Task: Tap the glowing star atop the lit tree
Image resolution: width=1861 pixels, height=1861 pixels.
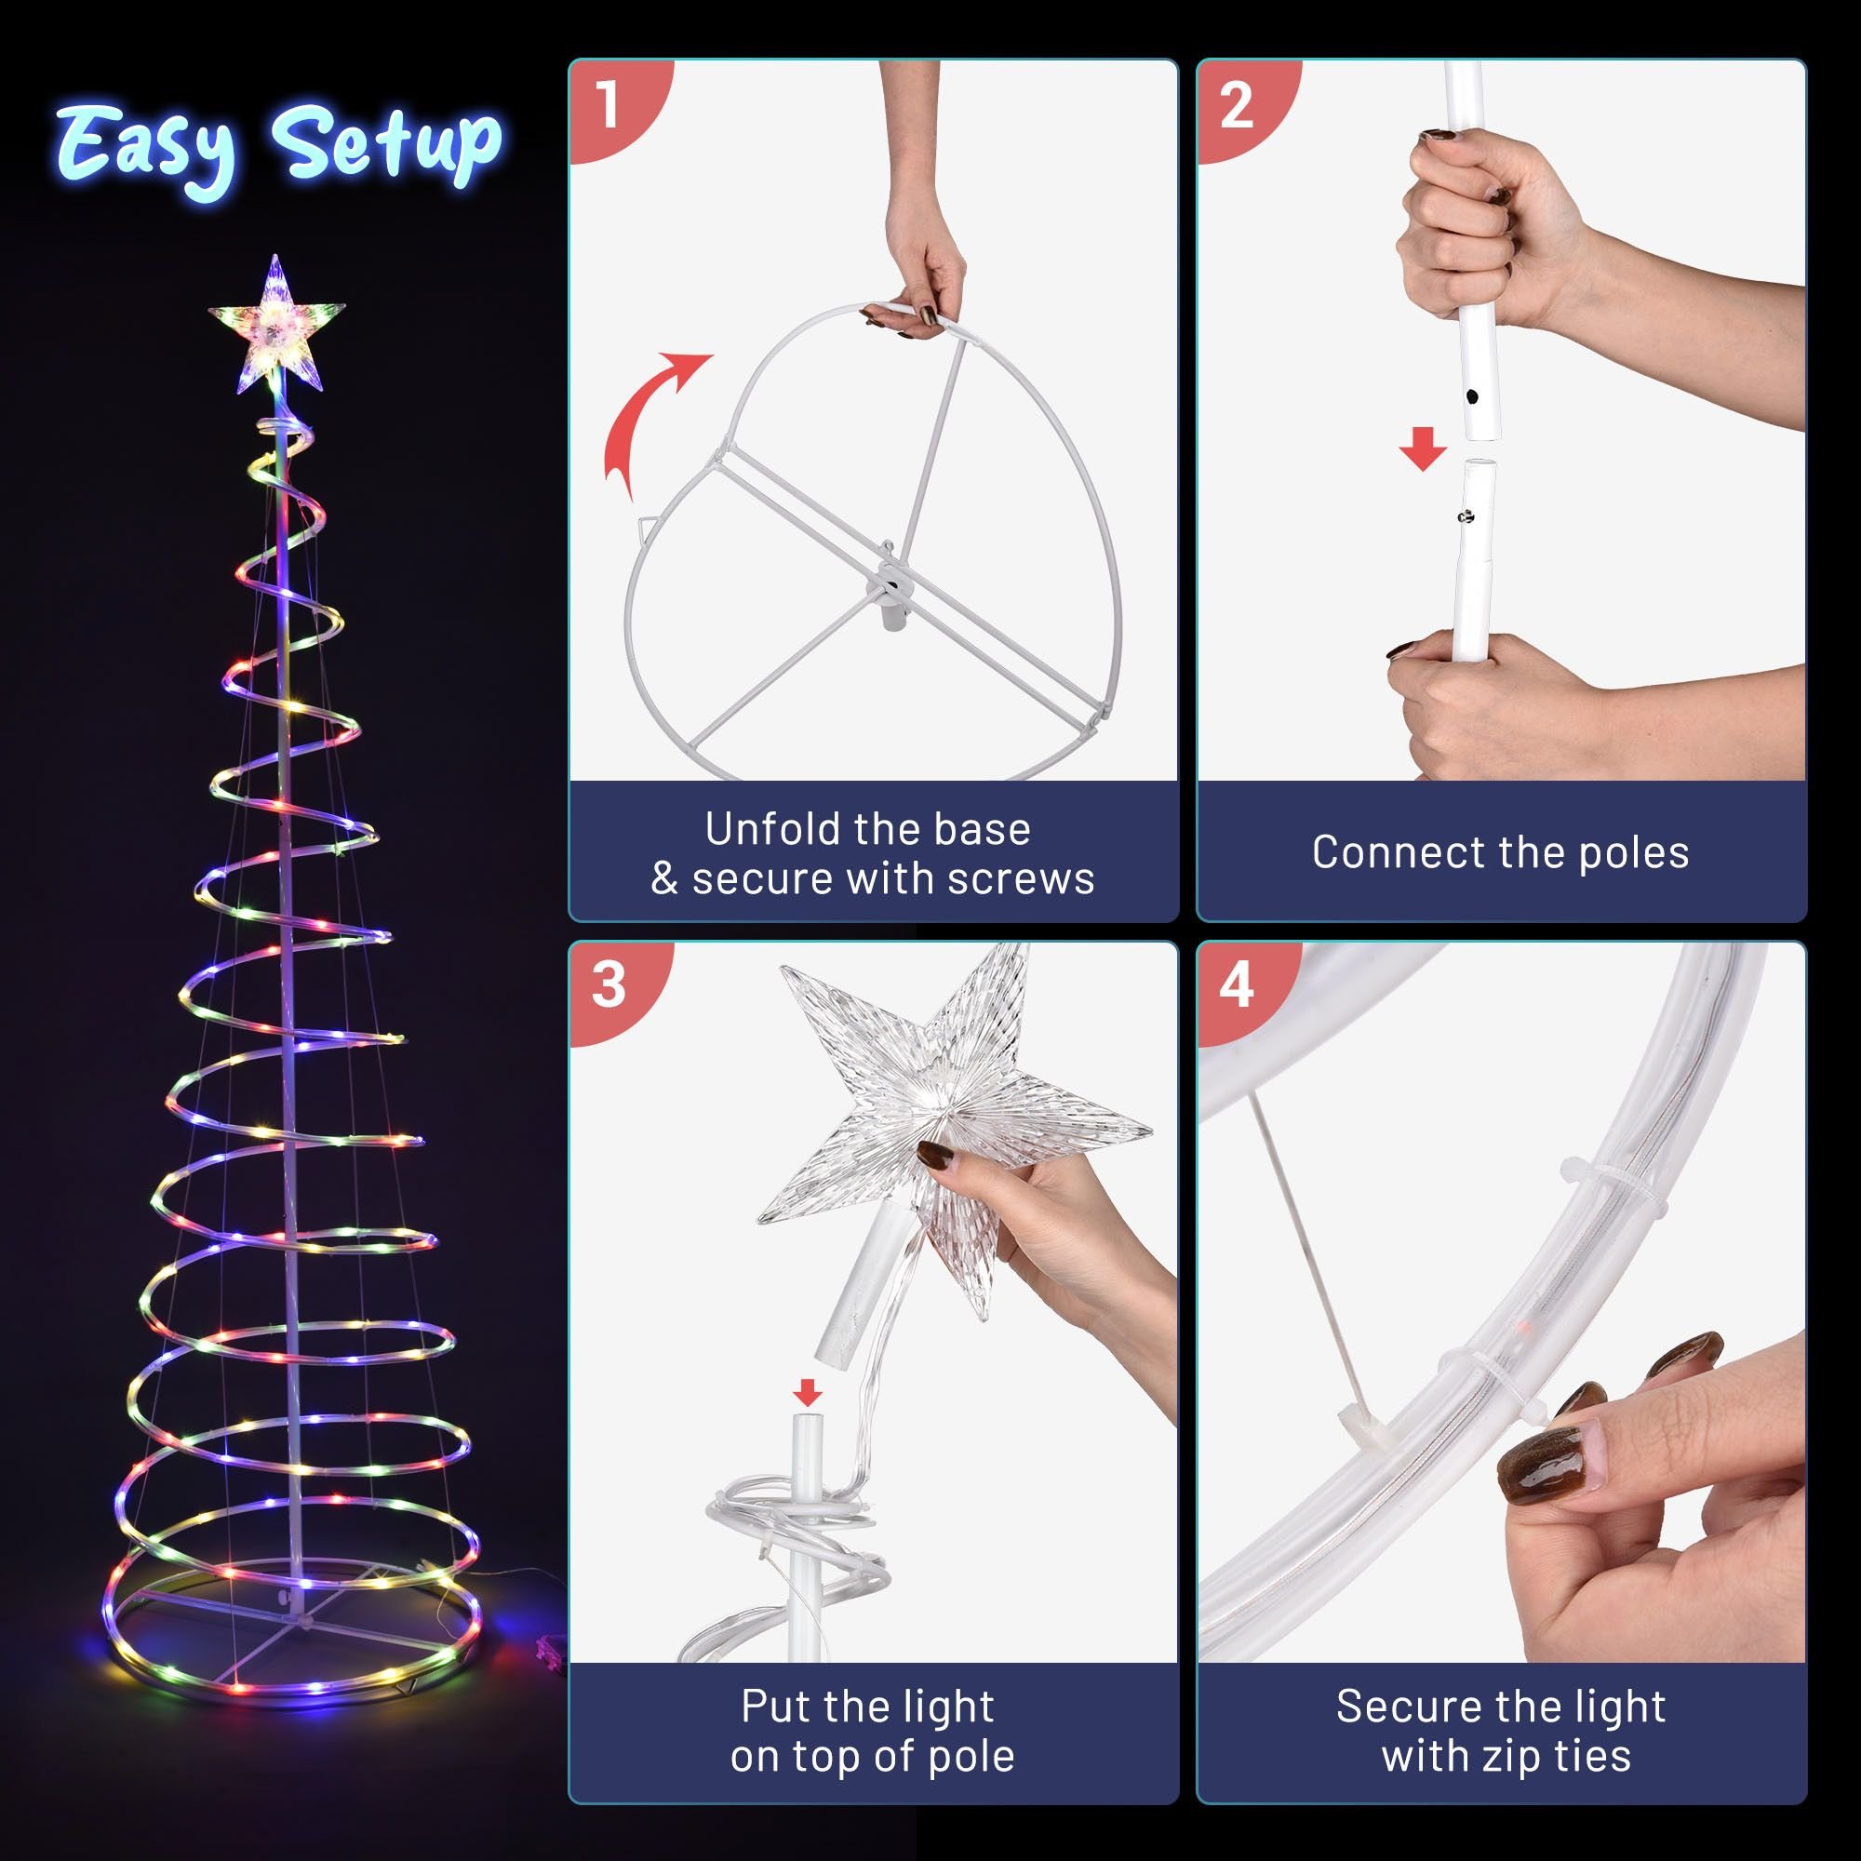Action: coord(276,325)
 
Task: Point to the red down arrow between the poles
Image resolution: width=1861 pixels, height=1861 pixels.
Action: coord(1423,449)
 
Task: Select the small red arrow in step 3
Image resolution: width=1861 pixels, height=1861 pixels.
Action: coord(807,1392)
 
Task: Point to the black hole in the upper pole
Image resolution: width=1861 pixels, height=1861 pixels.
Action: coord(1472,395)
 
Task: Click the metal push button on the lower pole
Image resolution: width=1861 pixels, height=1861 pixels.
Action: coord(1466,517)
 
